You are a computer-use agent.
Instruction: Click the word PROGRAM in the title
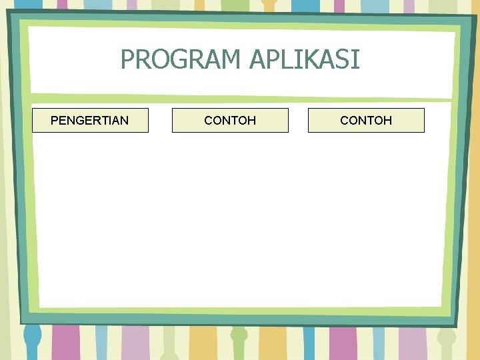click(x=181, y=60)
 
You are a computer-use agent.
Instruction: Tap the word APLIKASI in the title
click(x=305, y=60)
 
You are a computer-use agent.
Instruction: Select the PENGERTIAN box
click(x=90, y=120)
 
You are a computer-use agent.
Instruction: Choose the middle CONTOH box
click(x=230, y=120)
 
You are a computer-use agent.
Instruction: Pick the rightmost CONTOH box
click(x=366, y=120)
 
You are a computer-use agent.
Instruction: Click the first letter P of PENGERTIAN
click(x=55, y=121)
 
